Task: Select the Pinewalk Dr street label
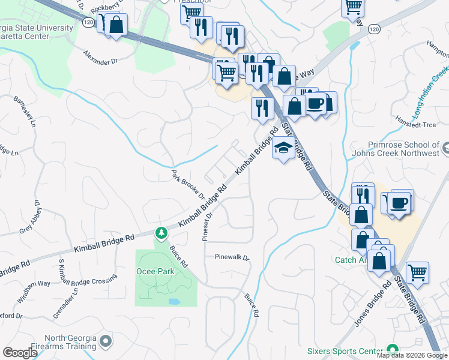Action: coord(232,257)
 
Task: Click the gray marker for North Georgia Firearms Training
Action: coord(106,341)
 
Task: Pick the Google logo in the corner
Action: coord(20,352)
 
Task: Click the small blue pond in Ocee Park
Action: coord(174,301)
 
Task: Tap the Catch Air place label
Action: coord(352,260)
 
